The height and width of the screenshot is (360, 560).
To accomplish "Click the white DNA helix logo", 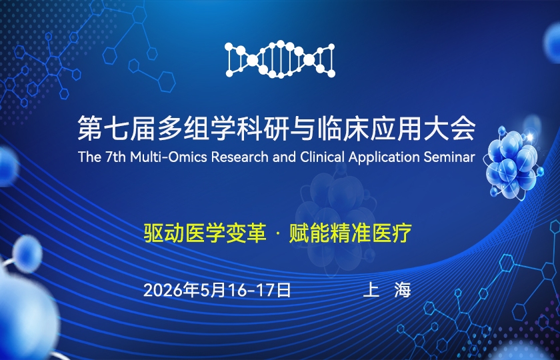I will click(x=279, y=59).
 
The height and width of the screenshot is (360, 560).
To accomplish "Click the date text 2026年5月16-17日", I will click(x=217, y=290).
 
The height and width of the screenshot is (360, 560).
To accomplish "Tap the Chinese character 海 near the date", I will click(x=403, y=290).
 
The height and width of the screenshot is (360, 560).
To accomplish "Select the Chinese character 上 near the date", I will click(x=371, y=290).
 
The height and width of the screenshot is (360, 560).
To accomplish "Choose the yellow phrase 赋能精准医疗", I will click(x=350, y=234).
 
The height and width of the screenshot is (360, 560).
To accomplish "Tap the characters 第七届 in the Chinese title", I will click(x=111, y=129).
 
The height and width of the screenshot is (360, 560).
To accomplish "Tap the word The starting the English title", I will click(x=88, y=157).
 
